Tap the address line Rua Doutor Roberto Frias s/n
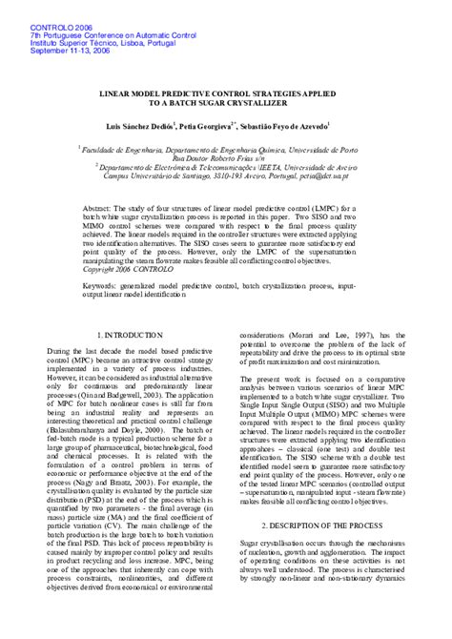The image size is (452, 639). point(226,158)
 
